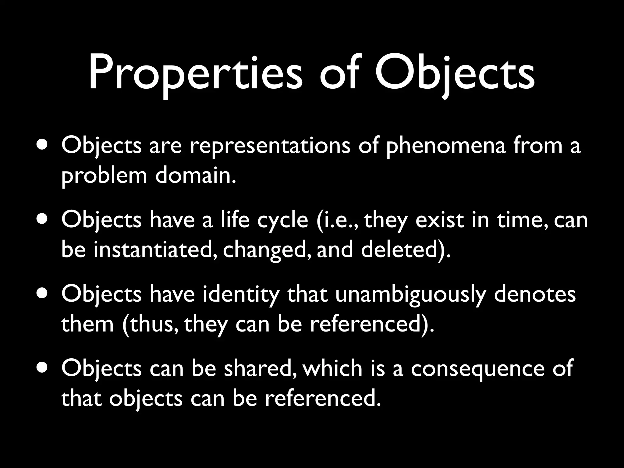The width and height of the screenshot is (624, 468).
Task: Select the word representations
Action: point(270,146)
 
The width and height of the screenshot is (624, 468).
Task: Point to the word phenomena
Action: point(445,146)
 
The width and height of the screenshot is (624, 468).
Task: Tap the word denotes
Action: point(535,294)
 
